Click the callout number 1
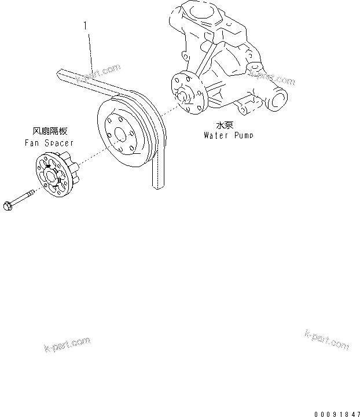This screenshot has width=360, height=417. coord(86,25)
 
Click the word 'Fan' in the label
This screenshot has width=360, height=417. coord(32,142)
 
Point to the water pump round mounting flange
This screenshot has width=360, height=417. coord(188,93)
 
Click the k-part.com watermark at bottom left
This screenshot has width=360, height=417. coord(67,345)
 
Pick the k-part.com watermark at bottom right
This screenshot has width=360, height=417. coord(326,339)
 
